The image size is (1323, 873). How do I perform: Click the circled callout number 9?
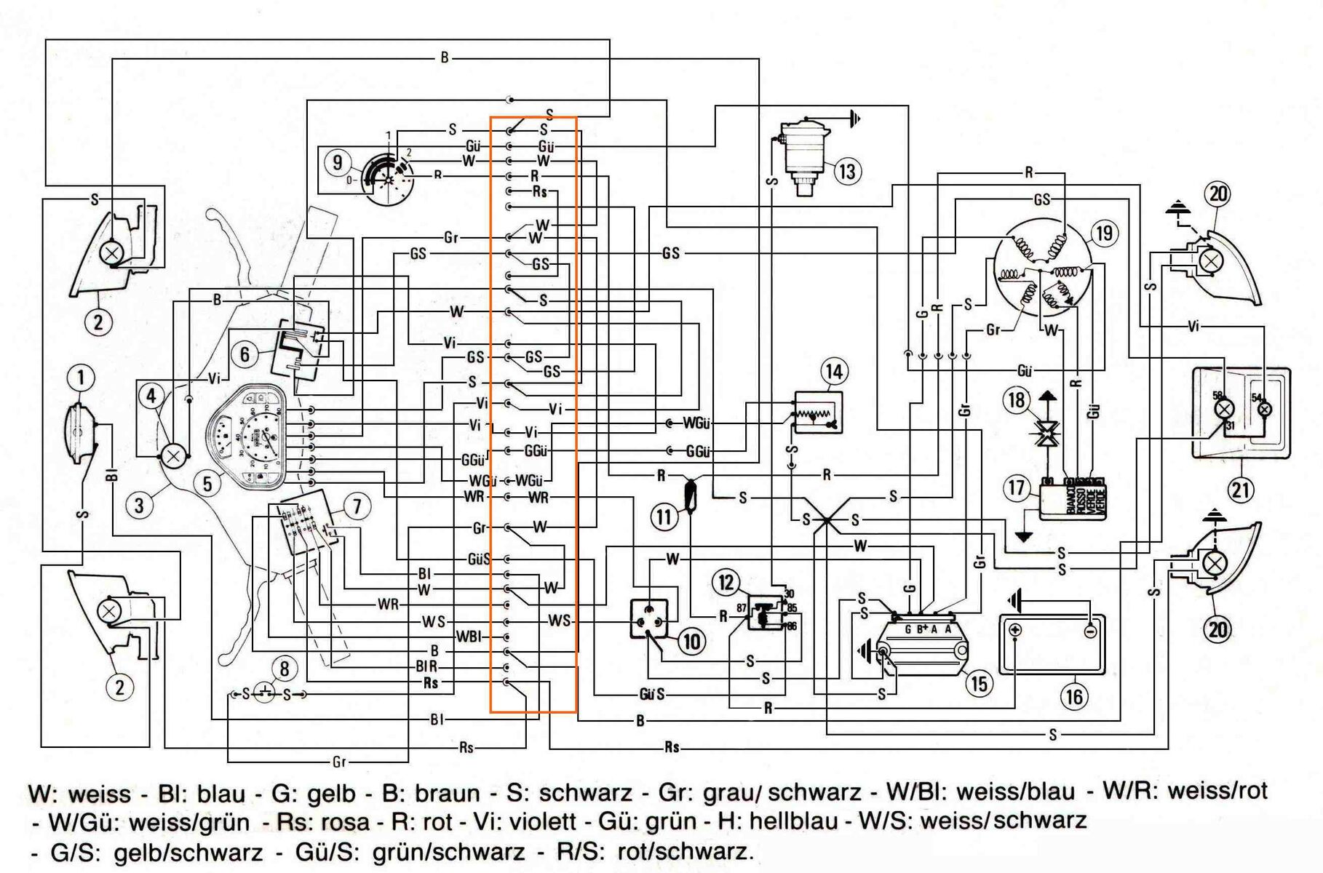point(337,162)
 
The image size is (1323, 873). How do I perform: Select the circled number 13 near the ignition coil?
point(846,172)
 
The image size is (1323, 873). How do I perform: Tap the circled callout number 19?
point(1104,234)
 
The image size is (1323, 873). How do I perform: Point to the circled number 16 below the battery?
point(1073,696)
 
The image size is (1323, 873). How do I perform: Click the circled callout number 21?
point(1241,490)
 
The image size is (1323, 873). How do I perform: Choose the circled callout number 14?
point(833,372)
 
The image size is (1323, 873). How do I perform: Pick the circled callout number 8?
point(285,669)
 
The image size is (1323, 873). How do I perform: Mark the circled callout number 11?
point(664,517)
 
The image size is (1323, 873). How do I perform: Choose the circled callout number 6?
point(245,354)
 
